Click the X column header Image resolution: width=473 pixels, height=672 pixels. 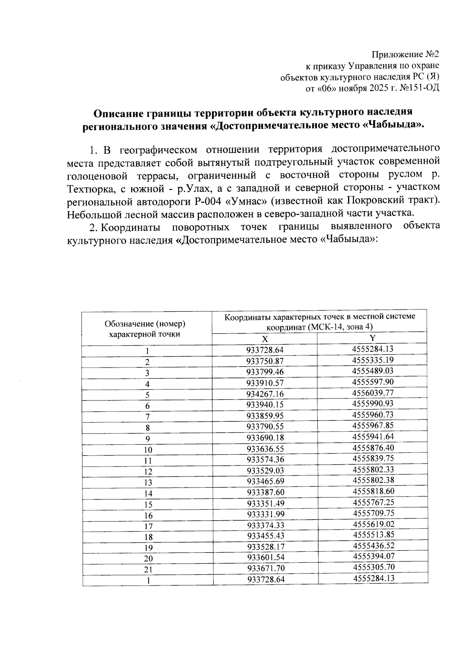pyautogui.click(x=265, y=339)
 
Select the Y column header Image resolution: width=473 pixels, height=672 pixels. pyautogui.click(x=372, y=338)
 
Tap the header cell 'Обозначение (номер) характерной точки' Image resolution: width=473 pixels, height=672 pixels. pyautogui.click(x=145, y=329)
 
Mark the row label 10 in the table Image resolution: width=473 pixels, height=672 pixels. pyautogui.click(x=148, y=450)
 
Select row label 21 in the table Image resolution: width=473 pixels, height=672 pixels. pyautogui.click(x=148, y=570)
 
